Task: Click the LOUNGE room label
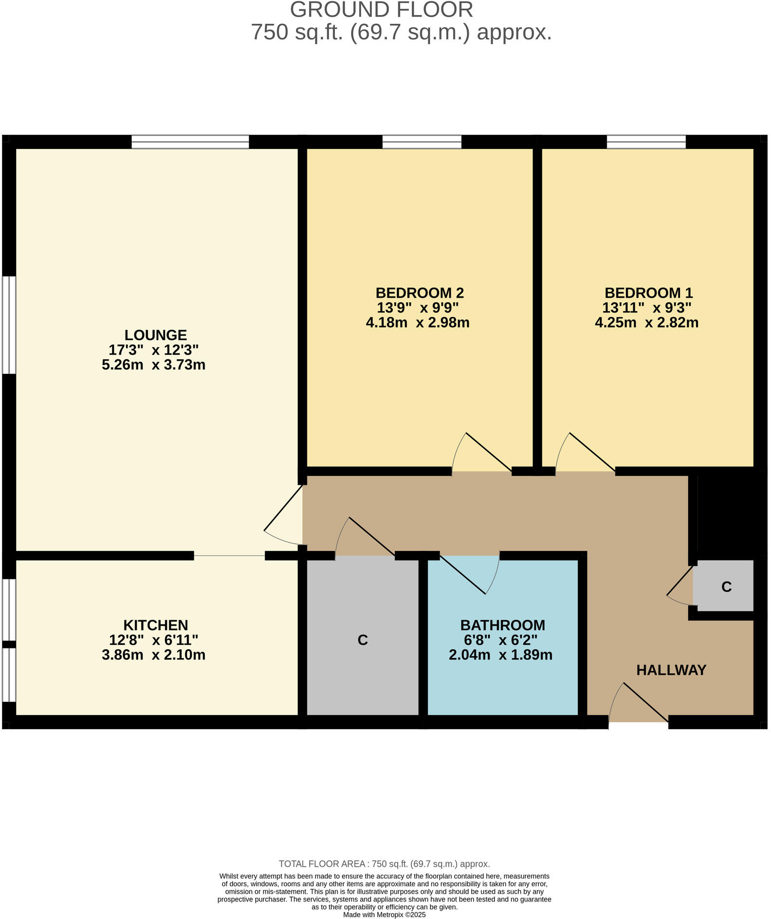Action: [x=155, y=335]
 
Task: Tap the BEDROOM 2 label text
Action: [x=419, y=293]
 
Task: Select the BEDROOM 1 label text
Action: [x=648, y=293]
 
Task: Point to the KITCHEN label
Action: [x=155, y=625]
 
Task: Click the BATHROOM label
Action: [x=502, y=625]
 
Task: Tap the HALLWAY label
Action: [x=671, y=670]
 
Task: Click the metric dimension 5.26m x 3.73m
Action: [x=153, y=365]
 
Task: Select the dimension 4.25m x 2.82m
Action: [x=646, y=322]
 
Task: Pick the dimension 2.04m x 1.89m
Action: [x=500, y=655]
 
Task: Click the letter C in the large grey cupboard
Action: [x=362, y=640]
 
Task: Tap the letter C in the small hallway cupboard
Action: [x=726, y=587]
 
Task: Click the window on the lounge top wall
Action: [x=190, y=142]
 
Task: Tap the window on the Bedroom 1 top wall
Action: [x=645, y=142]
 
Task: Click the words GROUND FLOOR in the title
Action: [x=381, y=10]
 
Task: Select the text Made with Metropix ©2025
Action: [x=384, y=915]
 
